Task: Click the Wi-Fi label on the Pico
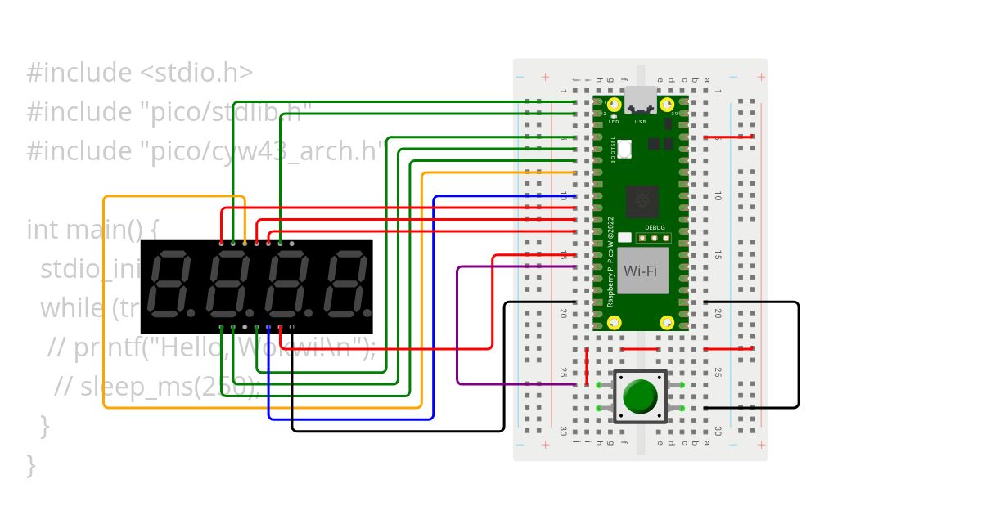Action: tap(641, 271)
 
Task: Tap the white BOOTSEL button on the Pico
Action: tap(625, 149)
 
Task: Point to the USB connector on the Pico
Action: tap(641, 99)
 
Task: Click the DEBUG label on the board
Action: tap(655, 228)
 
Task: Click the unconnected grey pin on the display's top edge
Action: tap(292, 244)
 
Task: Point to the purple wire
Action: tap(457, 327)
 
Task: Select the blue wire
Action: tap(434, 311)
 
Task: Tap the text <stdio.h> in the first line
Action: tap(196, 73)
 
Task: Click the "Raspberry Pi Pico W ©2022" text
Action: tap(610, 262)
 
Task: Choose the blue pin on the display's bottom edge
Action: tap(268, 328)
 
